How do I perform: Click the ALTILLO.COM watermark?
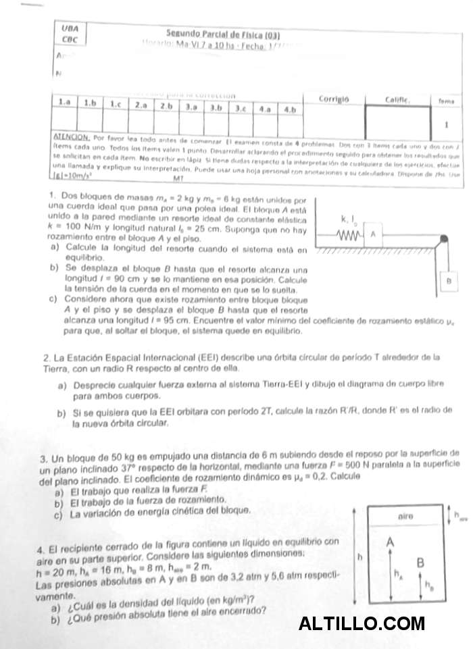click(x=362, y=623)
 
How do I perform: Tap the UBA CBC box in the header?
click(x=70, y=34)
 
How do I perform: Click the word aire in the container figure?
click(x=405, y=516)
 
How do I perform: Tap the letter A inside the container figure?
click(x=390, y=541)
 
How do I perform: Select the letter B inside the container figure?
click(x=420, y=562)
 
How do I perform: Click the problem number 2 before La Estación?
click(x=45, y=357)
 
